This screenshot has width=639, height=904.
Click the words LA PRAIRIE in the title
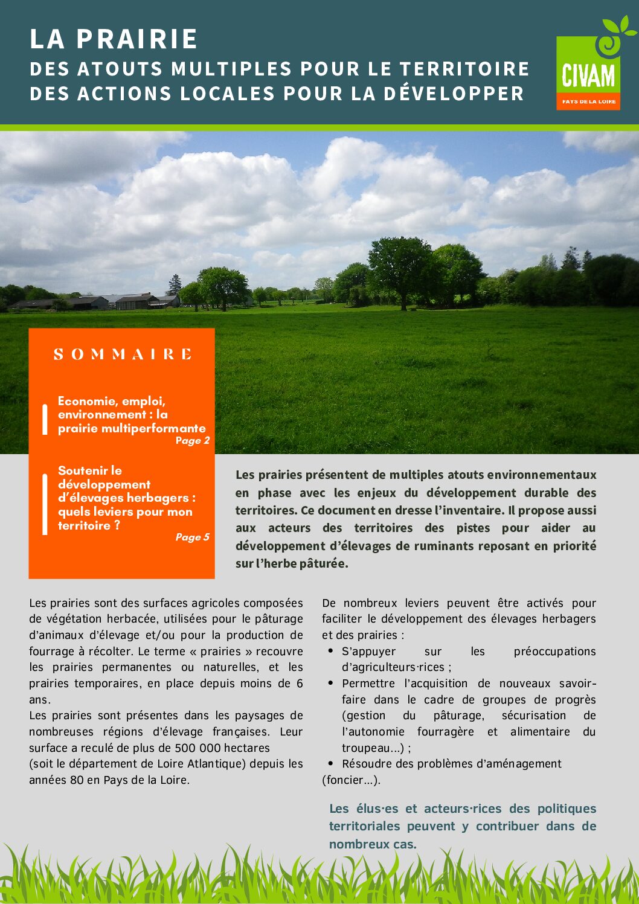pos(114,39)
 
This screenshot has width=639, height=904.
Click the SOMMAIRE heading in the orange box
pos(123,354)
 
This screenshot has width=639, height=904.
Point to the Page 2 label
pos(192,441)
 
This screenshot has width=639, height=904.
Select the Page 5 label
pos(192,537)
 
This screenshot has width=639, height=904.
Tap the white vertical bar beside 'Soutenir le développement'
pos(45,504)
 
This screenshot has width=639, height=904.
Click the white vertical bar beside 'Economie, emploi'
pos(45,419)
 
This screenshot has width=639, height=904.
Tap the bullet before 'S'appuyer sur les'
pos(330,651)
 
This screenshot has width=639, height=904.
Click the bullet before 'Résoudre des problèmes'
pos(330,763)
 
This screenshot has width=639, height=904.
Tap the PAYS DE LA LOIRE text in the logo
pos(589,101)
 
